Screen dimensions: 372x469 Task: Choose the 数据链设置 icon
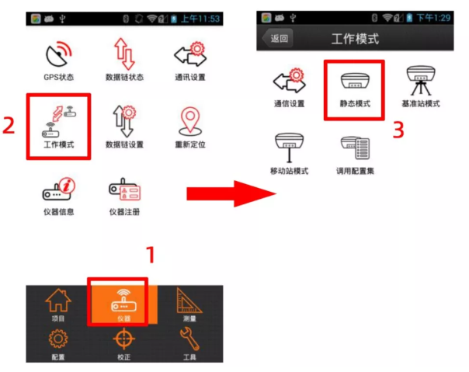(124, 122)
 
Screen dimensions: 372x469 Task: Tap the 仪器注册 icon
(124, 189)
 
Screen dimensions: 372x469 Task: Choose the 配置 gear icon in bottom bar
(58, 341)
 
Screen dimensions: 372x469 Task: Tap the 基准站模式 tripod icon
(419, 82)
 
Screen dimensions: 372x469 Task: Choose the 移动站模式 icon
(289, 148)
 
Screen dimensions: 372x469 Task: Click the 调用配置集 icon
(355, 148)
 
